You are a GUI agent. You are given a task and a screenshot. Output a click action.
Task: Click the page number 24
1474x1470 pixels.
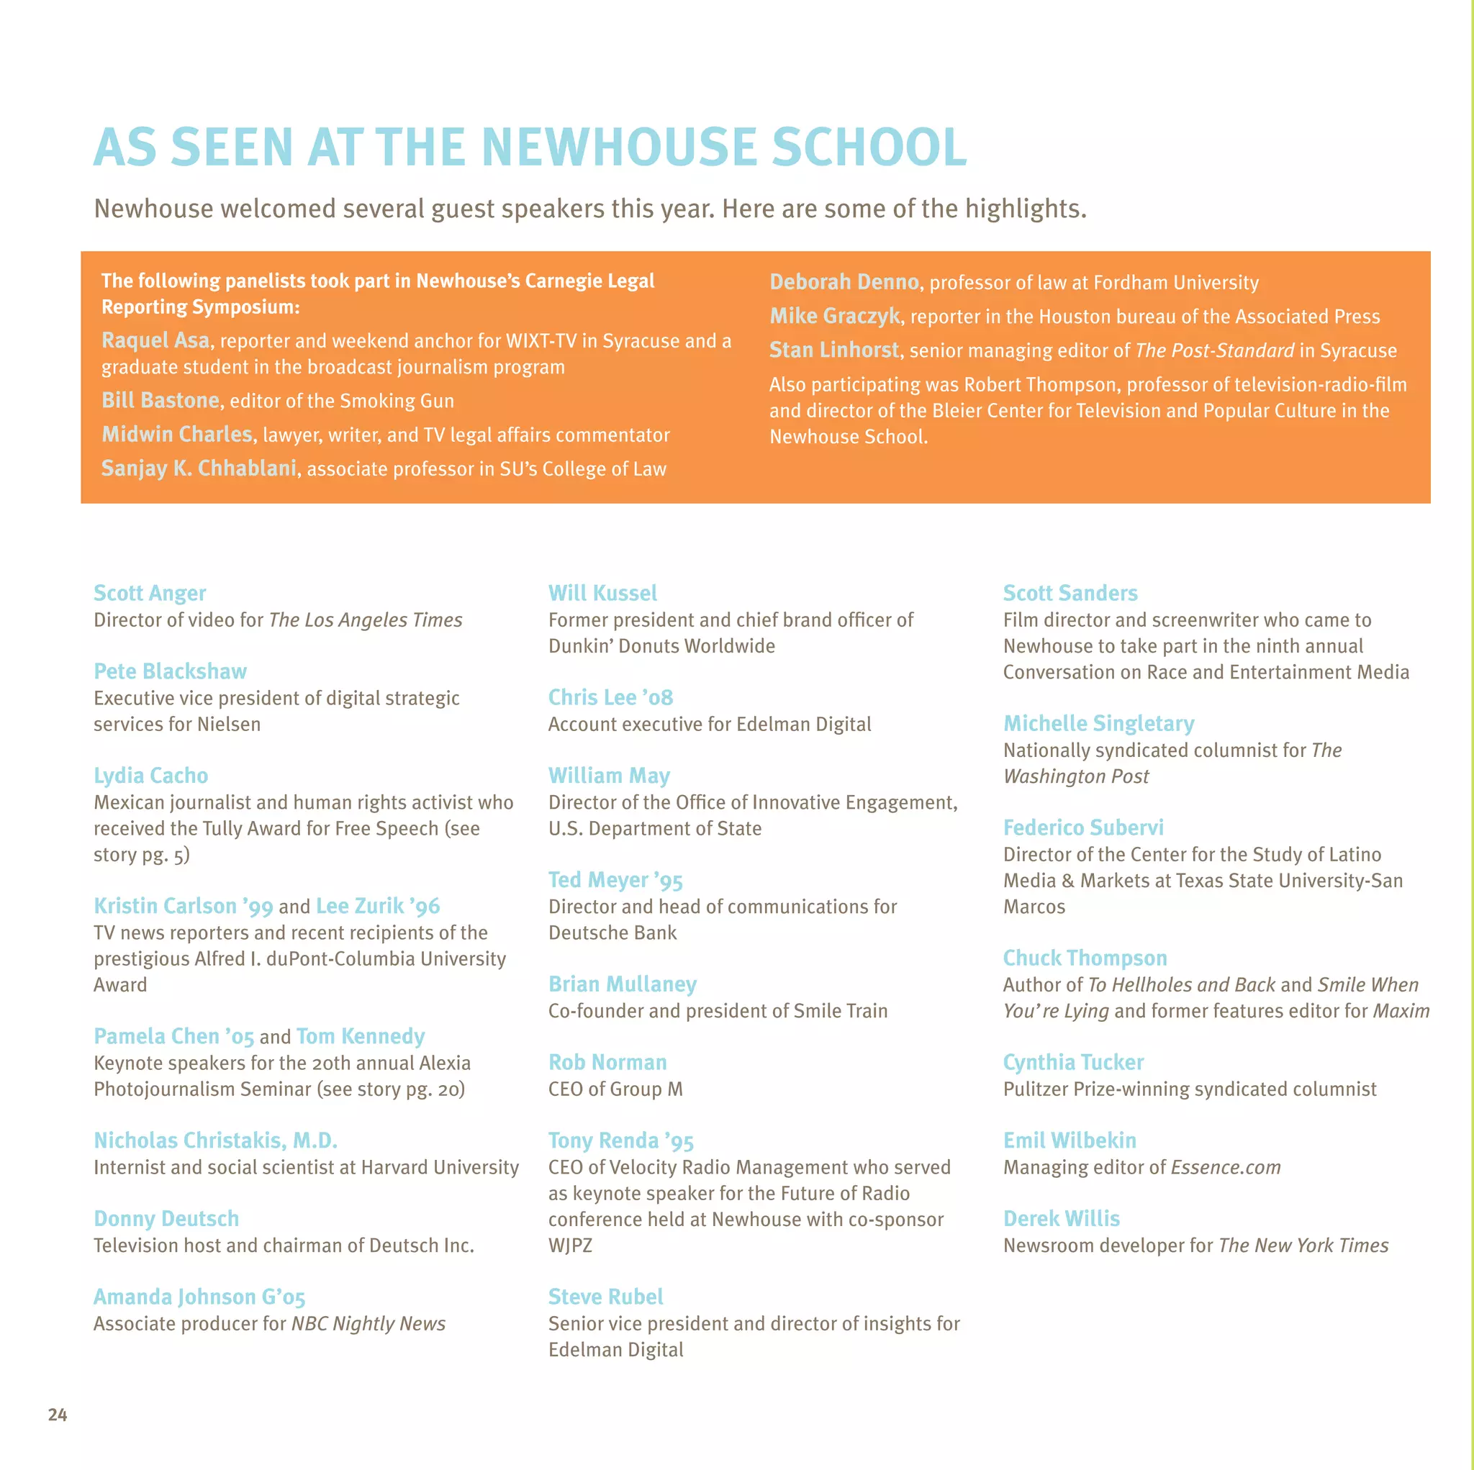pos(58,1415)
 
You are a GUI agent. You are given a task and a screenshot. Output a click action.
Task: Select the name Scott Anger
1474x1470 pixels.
pos(150,593)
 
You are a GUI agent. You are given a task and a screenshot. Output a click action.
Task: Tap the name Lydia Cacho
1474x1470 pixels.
pos(150,775)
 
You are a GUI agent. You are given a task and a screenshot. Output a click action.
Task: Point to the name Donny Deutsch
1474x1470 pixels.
pos(166,1218)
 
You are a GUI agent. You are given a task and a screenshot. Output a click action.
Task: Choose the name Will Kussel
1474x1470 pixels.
pos(602,593)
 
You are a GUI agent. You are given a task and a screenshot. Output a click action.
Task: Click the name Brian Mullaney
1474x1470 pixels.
pos(622,984)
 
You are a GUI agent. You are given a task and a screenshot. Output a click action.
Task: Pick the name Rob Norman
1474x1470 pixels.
pos(607,1062)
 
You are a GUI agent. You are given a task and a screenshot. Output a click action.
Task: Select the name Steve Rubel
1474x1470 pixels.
pos(605,1296)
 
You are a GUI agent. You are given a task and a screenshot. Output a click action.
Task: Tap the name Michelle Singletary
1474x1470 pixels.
pos(1098,723)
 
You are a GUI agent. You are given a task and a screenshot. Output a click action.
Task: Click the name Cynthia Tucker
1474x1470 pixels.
pos(1072,1062)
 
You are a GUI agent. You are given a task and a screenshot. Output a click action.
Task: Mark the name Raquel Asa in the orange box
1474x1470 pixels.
pos(155,340)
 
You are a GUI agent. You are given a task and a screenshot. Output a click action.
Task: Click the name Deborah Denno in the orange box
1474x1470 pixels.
pos(844,282)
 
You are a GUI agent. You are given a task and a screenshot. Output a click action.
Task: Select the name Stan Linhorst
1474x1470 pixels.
pos(834,350)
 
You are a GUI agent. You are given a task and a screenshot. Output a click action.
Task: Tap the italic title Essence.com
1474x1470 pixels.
pos(1225,1167)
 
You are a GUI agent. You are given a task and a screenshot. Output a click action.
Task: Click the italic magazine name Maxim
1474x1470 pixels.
pos(1401,1011)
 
